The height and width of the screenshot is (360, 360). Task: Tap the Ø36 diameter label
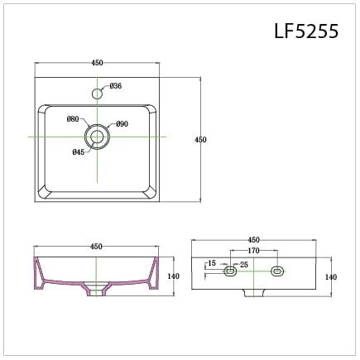pos(116,86)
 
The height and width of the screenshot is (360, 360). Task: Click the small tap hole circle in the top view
pos(98,94)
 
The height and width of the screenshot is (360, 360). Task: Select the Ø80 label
pos(73,119)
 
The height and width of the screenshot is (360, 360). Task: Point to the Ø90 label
pos(122,124)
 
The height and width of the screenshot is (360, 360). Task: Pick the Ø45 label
pos(78,151)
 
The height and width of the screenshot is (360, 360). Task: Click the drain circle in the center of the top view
pos(98,134)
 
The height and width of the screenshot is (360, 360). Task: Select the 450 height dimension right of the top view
pos(199,140)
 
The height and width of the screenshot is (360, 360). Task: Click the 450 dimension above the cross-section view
pos(96,247)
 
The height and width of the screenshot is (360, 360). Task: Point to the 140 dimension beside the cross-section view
pos(174,276)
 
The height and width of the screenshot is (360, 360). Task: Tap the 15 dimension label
pos(213,264)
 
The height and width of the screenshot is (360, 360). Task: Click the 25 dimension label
pos(243,264)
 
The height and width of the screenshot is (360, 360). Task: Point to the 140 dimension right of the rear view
pos(331,277)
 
